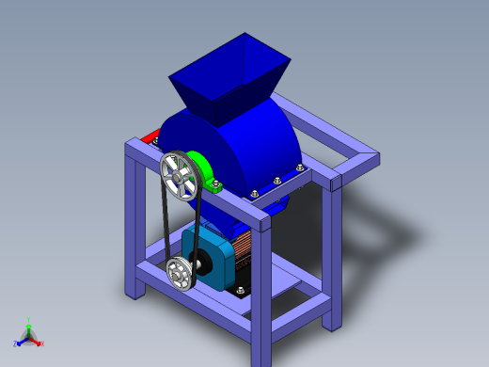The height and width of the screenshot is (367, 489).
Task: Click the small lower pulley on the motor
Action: point(179,274)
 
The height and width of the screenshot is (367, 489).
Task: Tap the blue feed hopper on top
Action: point(226,80)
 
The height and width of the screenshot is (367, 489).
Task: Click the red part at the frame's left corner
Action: point(147,139)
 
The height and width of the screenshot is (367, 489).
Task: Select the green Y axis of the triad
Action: point(29,324)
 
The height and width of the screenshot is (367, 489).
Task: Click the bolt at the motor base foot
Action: point(241,291)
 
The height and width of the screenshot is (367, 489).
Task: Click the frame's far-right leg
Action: point(332,254)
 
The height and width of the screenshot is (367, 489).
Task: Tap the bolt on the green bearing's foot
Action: point(218,185)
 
